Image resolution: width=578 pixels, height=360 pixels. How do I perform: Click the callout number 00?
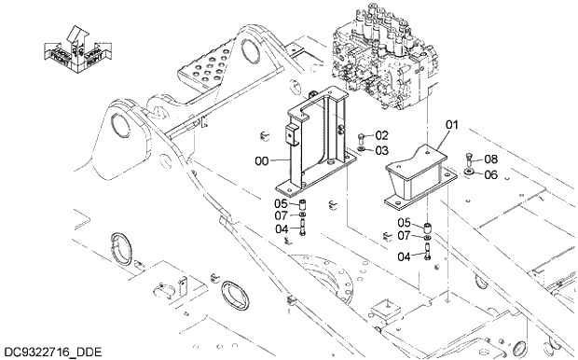click(261, 161)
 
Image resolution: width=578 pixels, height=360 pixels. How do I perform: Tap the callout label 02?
click(382, 136)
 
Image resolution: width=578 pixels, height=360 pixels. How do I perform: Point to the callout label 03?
click(382, 150)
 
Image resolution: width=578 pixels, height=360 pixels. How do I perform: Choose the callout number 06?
click(490, 173)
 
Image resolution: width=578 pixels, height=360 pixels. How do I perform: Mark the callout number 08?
click(490, 159)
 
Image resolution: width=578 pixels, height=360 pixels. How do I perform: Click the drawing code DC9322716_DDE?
click(51, 352)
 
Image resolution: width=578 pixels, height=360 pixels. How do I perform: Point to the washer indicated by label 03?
click(361, 150)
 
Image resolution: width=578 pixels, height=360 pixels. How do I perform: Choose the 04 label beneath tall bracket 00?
click(281, 229)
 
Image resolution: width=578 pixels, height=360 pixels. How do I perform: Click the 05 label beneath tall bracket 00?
click(281, 203)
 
